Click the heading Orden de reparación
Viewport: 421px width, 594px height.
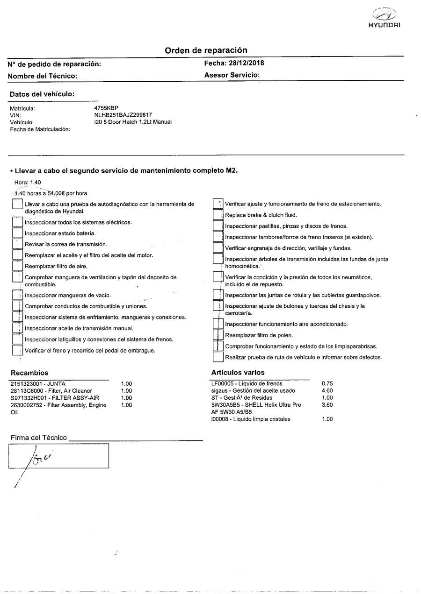pyautogui.click(x=206, y=50)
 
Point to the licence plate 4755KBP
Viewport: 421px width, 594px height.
pyautogui.click(x=106, y=108)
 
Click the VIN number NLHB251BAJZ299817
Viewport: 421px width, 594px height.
pyautogui.click(x=123, y=115)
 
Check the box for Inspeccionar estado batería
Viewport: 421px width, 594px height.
pyautogui.click(x=17, y=233)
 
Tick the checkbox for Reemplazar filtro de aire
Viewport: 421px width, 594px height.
pyautogui.click(x=17, y=267)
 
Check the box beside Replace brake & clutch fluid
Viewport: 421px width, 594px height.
pyautogui.click(x=218, y=215)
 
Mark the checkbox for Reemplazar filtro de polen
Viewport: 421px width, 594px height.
pyautogui.click(x=218, y=335)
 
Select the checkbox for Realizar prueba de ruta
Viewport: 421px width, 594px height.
pyautogui.click(x=218, y=358)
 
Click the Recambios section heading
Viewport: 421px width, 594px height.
pyautogui.click(x=29, y=373)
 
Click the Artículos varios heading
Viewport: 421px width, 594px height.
pyautogui.click(x=238, y=373)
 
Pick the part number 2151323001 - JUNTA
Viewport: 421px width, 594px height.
pyautogui.click(x=37, y=384)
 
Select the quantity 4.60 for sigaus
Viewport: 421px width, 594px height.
pyautogui.click(x=327, y=391)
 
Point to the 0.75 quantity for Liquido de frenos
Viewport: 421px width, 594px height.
pyautogui.click(x=327, y=384)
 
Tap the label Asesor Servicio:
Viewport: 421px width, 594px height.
pyautogui.click(x=232, y=75)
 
